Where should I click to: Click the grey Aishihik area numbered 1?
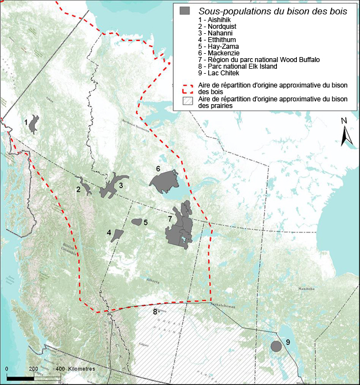pyautogui.click(x=34, y=125)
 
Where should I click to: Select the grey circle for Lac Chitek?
pyautogui.click(x=275, y=346)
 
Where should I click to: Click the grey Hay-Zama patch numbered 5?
pyautogui.click(x=136, y=222)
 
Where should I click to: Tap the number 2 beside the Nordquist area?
pyautogui.click(x=79, y=190)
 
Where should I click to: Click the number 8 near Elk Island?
pyautogui.click(x=155, y=312)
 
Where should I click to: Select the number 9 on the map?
pyautogui.click(x=288, y=342)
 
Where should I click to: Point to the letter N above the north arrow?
pyautogui.click(x=344, y=121)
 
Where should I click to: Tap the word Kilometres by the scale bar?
pyautogui.click(x=82, y=368)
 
